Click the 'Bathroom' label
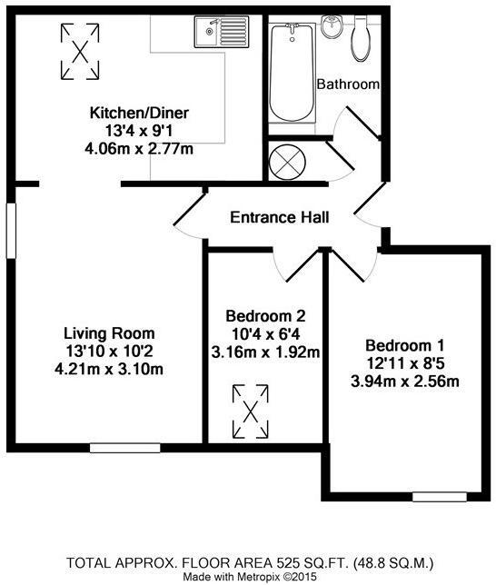(x=347, y=84)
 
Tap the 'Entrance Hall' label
(x=279, y=217)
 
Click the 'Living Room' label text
(x=108, y=332)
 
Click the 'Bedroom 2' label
(x=265, y=317)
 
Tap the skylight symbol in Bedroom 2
(x=253, y=411)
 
